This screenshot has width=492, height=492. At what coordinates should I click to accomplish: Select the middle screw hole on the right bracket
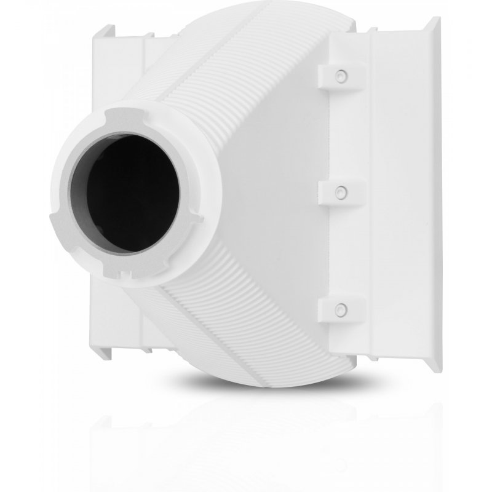338,192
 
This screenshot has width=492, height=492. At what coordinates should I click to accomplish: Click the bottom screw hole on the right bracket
338,309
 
